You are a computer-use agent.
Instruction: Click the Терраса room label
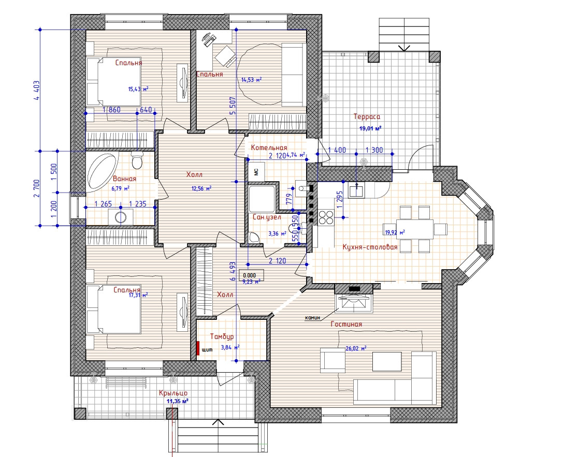367,117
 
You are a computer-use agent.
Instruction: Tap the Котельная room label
269,148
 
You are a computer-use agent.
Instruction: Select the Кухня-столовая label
370,247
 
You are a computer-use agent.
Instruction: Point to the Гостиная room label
346,324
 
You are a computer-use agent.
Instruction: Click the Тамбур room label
222,336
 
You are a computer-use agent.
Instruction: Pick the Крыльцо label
174,393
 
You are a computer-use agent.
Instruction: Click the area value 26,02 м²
356,348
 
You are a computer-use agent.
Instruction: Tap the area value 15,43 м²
138,89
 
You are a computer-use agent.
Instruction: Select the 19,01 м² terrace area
370,128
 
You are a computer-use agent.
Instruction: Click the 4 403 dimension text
36,91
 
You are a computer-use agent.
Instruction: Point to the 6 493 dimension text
233,271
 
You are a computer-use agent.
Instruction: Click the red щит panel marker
198,348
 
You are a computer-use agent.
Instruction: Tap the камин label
313,317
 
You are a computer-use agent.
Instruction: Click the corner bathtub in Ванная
100,172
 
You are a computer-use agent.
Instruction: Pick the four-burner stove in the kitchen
326,217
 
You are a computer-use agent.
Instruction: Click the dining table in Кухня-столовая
415,229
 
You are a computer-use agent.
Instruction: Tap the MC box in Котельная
256,171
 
